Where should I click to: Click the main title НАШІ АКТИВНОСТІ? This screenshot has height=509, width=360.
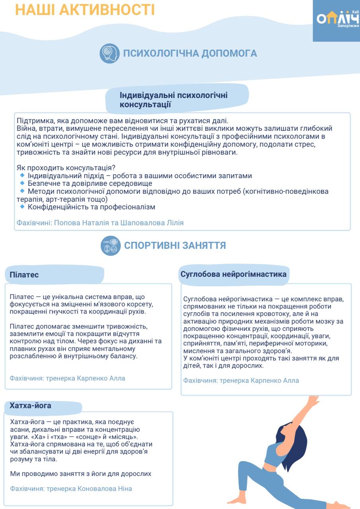click(85, 10)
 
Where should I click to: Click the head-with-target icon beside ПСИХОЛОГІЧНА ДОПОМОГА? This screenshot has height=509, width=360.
click(109, 54)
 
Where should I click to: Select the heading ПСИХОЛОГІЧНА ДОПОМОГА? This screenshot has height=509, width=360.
click(190, 54)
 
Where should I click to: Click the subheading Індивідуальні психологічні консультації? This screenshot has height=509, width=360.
click(174, 100)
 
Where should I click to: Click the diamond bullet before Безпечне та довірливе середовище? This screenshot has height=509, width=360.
click(22, 183)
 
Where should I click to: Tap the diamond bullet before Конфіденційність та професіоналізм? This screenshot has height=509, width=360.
click(22, 207)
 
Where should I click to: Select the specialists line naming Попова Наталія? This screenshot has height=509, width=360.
click(100, 223)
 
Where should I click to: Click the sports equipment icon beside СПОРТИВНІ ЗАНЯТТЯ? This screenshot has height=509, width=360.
click(110, 245)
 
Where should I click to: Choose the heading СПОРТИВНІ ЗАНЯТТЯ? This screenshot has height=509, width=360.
click(175, 245)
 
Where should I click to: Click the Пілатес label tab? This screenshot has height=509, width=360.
click(24, 275)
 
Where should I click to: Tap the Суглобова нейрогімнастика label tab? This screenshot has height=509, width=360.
click(233, 274)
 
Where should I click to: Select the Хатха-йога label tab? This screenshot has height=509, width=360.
click(30, 406)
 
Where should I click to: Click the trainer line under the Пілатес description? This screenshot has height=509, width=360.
click(67, 378)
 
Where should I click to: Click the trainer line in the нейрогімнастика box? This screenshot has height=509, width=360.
click(241, 381)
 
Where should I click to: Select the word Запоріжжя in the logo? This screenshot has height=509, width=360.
click(348, 25)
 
